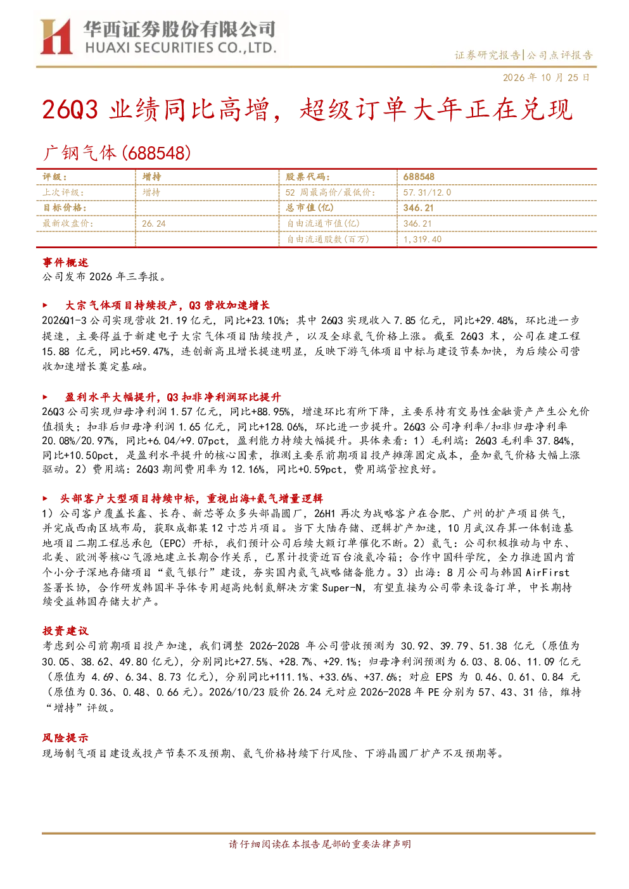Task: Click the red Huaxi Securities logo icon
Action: pyautogui.click(x=56, y=36)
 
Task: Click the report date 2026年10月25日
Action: pyautogui.click(x=547, y=77)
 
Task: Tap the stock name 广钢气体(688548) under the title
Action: pyautogui.click(x=117, y=153)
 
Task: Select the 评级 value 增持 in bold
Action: pyautogui.click(x=151, y=177)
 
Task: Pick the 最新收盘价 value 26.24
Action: pyautogui.click(x=154, y=224)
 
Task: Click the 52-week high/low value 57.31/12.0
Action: pyautogui.click(x=428, y=192)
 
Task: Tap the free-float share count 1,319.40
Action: pyautogui.click(x=423, y=239)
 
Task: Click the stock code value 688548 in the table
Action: pyautogui.click(x=419, y=177)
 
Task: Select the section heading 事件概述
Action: pyautogui.click(x=65, y=263)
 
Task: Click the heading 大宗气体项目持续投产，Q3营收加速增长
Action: pyautogui.click(x=168, y=305)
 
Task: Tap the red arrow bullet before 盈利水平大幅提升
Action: pyautogui.click(x=45, y=397)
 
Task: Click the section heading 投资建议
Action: pyautogui.click(x=65, y=631)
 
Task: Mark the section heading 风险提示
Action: pyautogui.click(x=65, y=738)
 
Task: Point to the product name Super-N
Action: pyautogui.click(x=342, y=588)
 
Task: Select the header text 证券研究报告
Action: pyautogui.click(x=487, y=55)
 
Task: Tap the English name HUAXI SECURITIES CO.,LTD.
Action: pyautogui.click(x=181, y=48)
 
